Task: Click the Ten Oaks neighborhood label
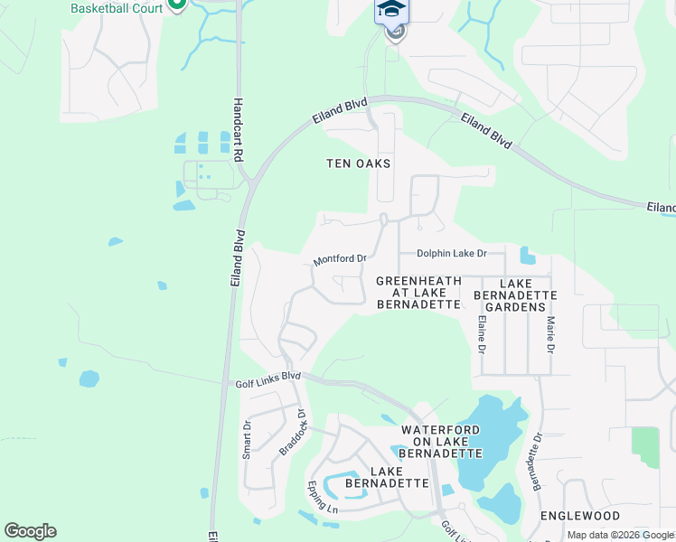pyautogui.click(x=359, y=164)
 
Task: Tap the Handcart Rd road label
pyautogui.click(x=239, y=130)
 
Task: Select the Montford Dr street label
pyautogui.click(x=340, y=259)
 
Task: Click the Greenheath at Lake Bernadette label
pyautogui.click(x=419, y=293)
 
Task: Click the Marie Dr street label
pyautogui.click(x=549, y=334)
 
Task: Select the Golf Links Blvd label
pyautogui.click(x=268, y=379)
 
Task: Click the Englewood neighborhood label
pyautogui.click(x=580, y=516)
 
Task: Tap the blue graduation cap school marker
pyautogui.click(x=392, y=9)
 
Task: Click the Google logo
pyautogui.click(x=30, y=531)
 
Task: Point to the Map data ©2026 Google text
pyautogui.click(x=620, y=535)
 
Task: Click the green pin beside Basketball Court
pyautogui.click(x=177, y=5)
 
